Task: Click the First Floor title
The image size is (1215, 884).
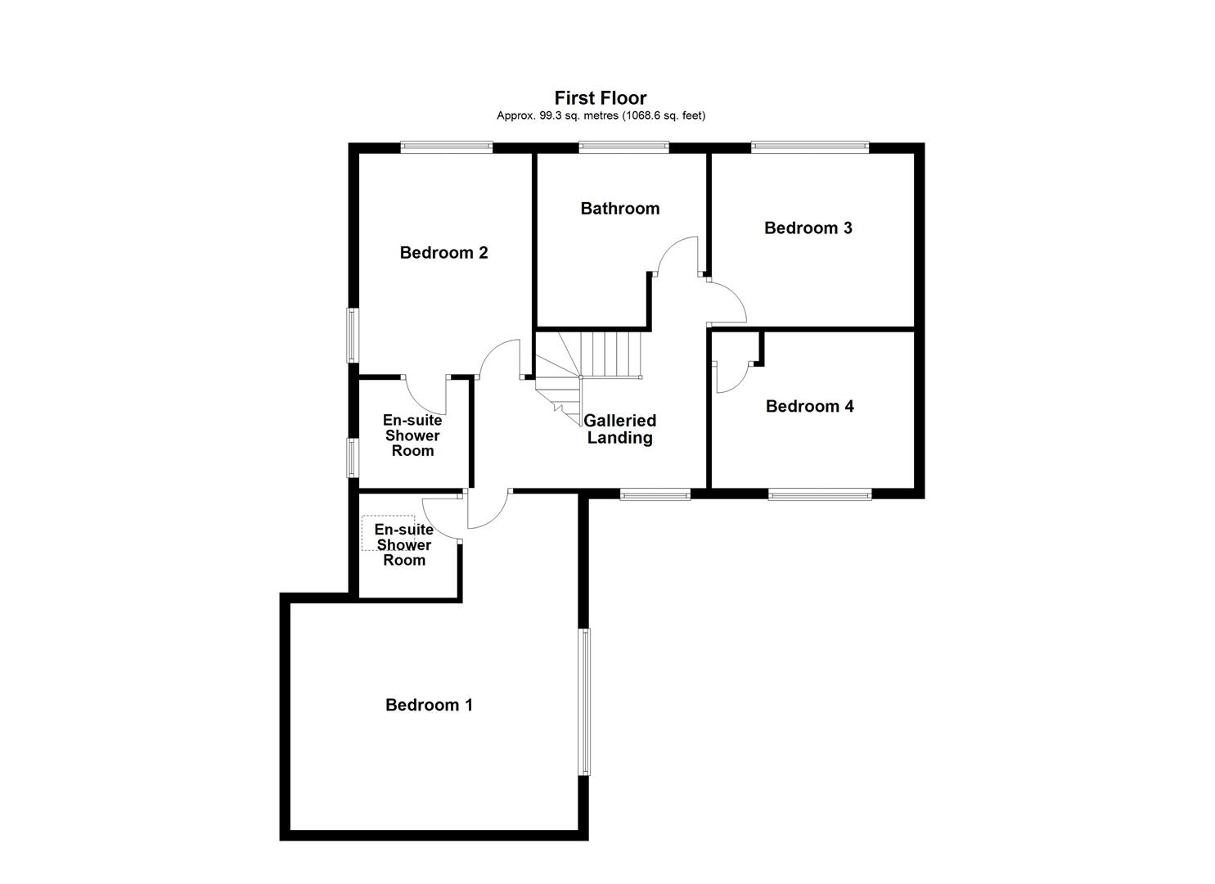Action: [x=601, y=98]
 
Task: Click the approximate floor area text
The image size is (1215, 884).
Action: [x=601, y=115]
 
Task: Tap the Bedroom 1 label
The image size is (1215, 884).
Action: [x=429, y=705]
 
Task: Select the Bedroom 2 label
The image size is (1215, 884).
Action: [x=443, y=253]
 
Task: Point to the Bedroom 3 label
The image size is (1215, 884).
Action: [x=808, y=228]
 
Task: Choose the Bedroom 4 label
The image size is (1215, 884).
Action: [x=809, y=406]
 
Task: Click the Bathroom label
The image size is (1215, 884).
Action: [x=619, y=209]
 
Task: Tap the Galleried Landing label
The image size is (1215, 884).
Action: [x=619, y=429]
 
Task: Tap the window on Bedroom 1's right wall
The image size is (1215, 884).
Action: [x=584, y=701]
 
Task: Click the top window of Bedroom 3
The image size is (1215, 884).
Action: [x=809, y=147]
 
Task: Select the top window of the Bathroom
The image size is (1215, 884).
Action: [x=623, y=147]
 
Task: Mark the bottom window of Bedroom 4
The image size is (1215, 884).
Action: [x=819, y=494]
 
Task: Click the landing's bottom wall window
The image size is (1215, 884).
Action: [x=655, y=494]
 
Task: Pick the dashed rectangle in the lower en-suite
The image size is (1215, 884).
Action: [x=388, y=533]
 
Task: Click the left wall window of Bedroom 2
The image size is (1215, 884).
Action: [x=353, y=335]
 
